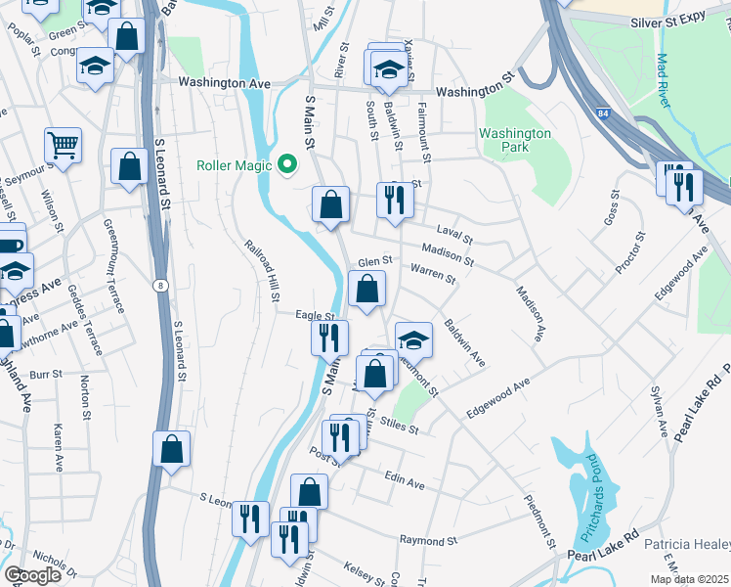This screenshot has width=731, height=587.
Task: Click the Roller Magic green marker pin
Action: pos(286,164)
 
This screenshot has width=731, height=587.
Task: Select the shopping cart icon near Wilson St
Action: pos(63,146)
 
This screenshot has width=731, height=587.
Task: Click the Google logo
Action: pos(33,574)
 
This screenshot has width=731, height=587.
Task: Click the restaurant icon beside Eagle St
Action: pos(329,338)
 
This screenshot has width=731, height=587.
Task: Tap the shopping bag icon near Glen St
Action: pos(366,289)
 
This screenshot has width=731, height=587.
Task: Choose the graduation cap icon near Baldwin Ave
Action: pos(413,339)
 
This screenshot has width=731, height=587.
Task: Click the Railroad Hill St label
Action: pos(263,272)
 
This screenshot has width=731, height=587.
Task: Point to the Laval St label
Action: pos(454,237)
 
